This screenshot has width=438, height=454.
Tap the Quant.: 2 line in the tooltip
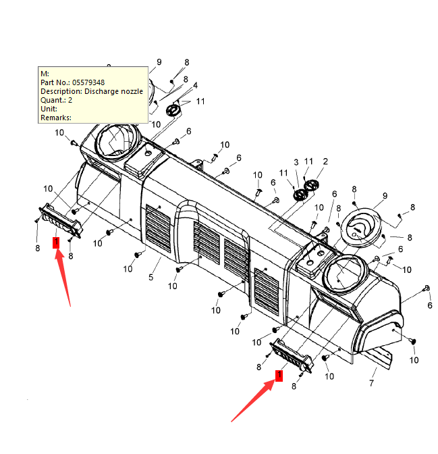(x=57, y=100)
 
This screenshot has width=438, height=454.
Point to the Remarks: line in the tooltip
(x=56, y=118)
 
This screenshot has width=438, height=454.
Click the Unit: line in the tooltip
(x=49, y=109)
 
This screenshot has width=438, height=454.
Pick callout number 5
(x=151, y=278)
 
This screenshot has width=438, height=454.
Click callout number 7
(x=372, y=384)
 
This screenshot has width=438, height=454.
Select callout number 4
(x=195, y=86)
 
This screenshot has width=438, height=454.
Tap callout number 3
(x=296, y=163)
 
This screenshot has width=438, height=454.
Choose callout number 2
(x=325, y=161)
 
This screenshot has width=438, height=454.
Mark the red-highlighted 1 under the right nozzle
(x=278, y=376)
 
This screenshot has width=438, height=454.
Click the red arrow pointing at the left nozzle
(x=65, y=277)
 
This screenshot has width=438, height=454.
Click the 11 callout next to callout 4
(x=200, y=102)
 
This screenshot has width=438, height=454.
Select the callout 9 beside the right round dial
(x=385, y=196)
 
